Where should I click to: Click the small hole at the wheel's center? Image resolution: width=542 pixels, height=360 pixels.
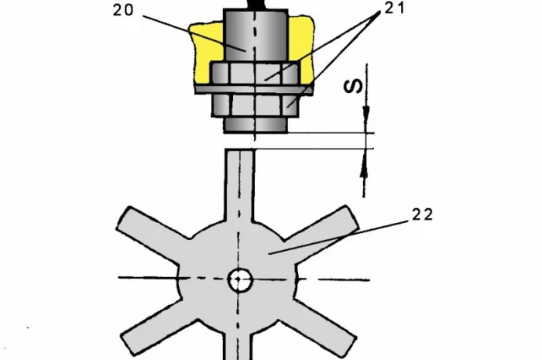[x=239, y=280]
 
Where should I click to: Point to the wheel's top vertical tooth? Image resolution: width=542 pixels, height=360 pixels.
[x=239, y=182]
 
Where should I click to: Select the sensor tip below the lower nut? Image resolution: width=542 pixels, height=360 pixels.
[x=256, y=124]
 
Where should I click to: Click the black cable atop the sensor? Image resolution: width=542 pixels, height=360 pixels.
[x=256, y=4]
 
